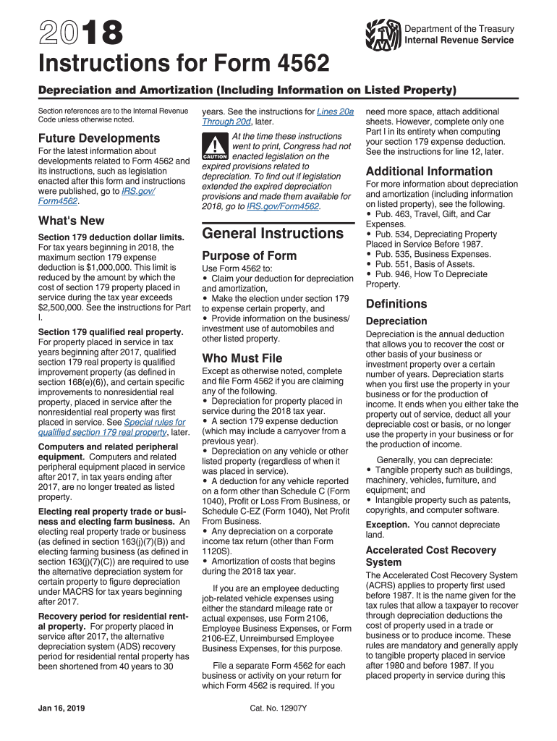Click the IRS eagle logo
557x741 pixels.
pyautogui.click(x=383, y=34)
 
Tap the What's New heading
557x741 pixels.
pyautogui.click(x=71, y=221)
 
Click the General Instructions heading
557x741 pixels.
pyautogui.click(x=273, y=233)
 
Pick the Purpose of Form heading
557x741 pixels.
pyautogui.click(x=249, y=255)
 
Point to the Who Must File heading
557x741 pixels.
pyautogui.click(x=242, y=358)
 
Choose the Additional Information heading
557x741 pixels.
pyautogui.click(x=429, y=172)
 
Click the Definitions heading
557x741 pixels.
pyautogui.click(x=396, y=304)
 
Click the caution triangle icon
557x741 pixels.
pyautogui.click(x=215, y=146)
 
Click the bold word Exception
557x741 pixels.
pyautogui.click(x=387, y=525)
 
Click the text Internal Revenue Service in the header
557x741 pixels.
pyautogui.click(x=459, y=40)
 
